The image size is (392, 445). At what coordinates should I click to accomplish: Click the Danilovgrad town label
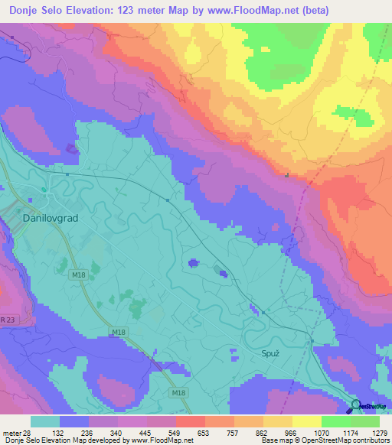(46, 218)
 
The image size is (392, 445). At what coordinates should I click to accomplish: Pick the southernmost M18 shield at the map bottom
(178, 392)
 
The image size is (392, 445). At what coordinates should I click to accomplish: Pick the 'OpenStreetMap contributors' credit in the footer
(343, 440)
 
